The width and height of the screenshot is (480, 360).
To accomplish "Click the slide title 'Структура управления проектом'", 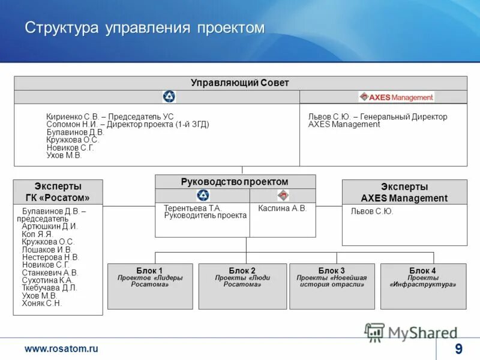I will pyautogui.click(x=144, y=28).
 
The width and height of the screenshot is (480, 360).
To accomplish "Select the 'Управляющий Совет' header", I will pyautogui.click(x=240, y=83).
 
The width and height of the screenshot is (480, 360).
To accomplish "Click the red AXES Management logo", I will pyautogui.click(x=396, y=97).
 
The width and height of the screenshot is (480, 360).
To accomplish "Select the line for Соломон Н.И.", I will pyautogui.click(x=127, y=124).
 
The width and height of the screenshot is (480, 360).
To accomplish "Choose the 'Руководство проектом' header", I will pyautogui.click(x=235, y=182).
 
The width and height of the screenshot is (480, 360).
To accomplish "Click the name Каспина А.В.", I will pyautogui.click(x=282, y=208).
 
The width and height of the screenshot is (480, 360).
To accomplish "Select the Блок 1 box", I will pyautogui.click(x=150, y=286).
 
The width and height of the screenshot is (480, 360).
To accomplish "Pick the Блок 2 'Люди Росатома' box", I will pyautogui.click(x=242, y=286).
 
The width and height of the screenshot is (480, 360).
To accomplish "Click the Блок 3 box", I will pyautogui.click(x=332, y=286).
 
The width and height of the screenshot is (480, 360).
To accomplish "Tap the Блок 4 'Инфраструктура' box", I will pyautogui.click(x=423, y=286).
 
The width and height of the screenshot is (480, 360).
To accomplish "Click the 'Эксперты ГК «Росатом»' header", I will pyautogui.click(x=58, y=192).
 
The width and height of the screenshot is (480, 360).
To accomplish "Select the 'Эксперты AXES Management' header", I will pyautogui.click(x=404, y=192).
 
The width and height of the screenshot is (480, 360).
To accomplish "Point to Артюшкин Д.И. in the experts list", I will pyautogui.click(x=50, y=227).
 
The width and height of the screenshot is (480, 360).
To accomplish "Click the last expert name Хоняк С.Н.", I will pyautogui.click(x=41, y=304).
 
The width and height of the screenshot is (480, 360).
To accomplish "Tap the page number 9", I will pyautogui.click(x=458, y=349).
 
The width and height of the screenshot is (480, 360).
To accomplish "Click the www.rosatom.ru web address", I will pyautogui.click(x=61, y=349).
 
